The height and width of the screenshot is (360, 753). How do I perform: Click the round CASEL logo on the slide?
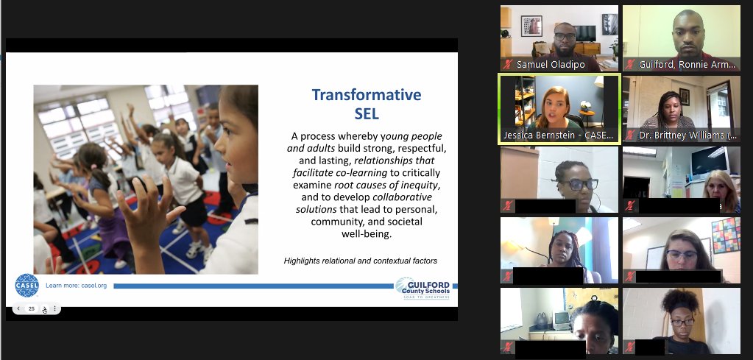[x=26, y=285]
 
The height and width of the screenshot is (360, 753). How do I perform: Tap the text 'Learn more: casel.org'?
[x=77, y=286]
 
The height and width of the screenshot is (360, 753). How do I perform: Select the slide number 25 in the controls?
[x=32, y=308]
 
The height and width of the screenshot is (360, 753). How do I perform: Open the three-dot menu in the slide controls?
[x=54, y=308]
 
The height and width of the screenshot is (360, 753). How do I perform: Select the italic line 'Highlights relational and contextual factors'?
[x=360, y=261]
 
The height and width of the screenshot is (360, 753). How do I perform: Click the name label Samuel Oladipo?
[x=551, y=64]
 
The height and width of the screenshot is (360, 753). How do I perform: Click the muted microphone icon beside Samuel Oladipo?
[x=507, y=64]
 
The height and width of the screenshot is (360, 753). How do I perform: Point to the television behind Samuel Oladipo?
[x=585, y=32]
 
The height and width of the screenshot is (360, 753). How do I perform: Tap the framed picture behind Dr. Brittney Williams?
[x=683, y=96]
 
